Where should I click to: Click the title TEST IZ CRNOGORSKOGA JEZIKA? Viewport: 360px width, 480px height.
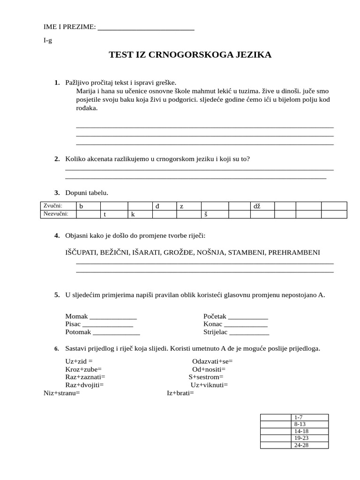pyautogui.click(x=190, y=55)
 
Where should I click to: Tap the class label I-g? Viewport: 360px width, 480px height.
pyautogui.click(x=48, y=40)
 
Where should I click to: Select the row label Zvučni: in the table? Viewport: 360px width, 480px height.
pyautogui.click(x=52, y=205)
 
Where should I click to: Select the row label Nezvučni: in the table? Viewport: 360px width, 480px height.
pyautogui.click(x=55, y=214)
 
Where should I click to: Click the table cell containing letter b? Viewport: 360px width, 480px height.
pyautogui.click(x=88, y=206)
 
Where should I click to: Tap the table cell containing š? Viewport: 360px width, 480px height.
pyautogui.click(x=215, y=214)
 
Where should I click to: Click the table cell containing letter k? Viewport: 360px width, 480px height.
pyautogui.click(x=141, y=214)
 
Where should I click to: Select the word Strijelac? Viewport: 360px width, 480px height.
pyautogui.click(x=215, y=332)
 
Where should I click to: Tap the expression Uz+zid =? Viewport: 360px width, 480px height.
pyautogui.click(x=79, y=361)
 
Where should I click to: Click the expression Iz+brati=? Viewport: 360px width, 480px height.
pyautogui.click(x=180, y=393)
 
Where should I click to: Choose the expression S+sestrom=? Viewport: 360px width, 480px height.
pyautogui.click(x=206, y=377)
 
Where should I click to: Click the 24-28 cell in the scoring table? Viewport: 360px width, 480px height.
pyautogui.click(x=309, y=445)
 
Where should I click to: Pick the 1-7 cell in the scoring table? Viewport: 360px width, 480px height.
pyautogui.click(x=309, y=417)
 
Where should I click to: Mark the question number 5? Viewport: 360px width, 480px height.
pyautogui.click(x=57, y=295)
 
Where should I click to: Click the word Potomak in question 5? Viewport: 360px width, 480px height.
pyautogui.click(x=78, y=332)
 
